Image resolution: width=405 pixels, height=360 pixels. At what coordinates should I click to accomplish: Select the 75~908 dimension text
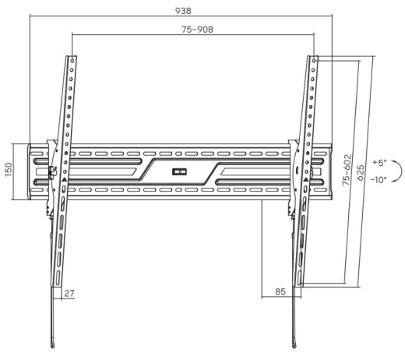click(x=198, y=29)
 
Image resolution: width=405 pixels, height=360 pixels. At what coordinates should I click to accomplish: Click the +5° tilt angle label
click(x=379, y=163)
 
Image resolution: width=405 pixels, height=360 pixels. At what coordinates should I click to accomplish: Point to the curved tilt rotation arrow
click(x=397, y=171)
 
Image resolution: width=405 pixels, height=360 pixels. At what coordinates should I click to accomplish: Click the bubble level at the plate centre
click(x=180, y=171)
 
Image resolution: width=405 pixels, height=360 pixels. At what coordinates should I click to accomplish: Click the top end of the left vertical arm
click(x=72, y=58)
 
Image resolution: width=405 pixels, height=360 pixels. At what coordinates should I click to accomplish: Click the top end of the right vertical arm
click(x=313, y=58)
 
